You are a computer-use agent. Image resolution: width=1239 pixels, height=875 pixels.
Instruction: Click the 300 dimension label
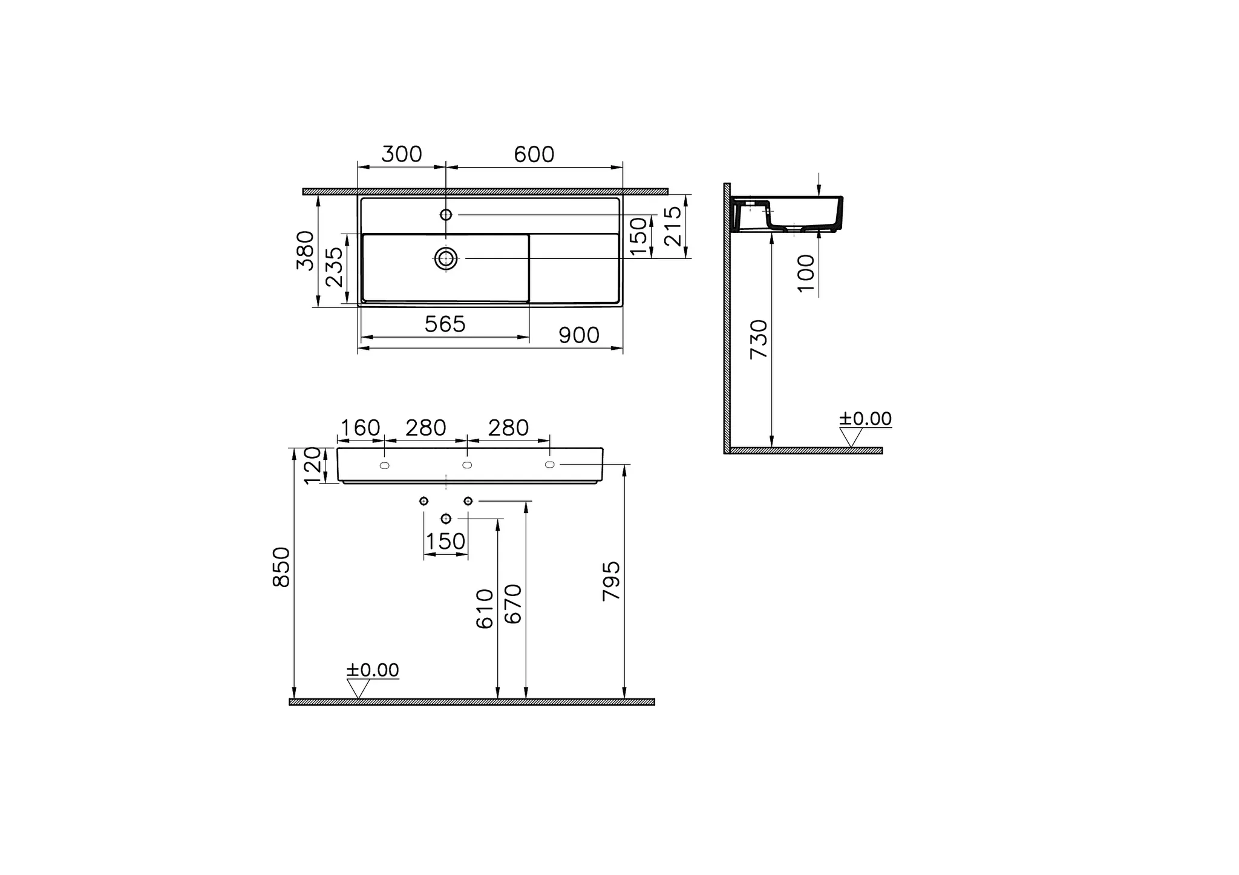click(x=402, y=154)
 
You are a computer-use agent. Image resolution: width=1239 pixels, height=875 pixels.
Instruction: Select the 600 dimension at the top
click(x=534, y=154)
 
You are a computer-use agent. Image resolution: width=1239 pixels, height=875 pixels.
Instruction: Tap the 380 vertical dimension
click(x=306, y=250)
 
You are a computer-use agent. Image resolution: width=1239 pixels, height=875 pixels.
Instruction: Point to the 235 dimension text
click(x=334, y=267)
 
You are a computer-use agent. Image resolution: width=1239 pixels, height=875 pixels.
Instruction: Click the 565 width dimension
click(x=445, y=324)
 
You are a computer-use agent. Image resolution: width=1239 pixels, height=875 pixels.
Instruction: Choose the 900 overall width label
click(x=579, y=335)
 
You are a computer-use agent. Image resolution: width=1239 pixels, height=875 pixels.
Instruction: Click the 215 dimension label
click(x=673, y=226)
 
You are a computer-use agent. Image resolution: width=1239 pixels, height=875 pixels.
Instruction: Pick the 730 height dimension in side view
click(x=759, y=339)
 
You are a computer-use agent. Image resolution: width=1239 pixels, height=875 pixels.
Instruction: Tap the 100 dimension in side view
click(x=806, y=273)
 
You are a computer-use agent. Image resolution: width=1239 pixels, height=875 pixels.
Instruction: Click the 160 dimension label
click(x=361, y=428)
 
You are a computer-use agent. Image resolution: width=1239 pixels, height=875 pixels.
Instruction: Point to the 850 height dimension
click(x=282, y=567)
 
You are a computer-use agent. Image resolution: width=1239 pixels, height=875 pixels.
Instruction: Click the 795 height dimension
click(x=612, y=580)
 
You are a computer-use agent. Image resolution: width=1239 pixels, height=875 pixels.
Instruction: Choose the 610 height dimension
click(x=485, y=609)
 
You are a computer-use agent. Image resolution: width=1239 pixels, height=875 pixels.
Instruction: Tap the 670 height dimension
click(x=513, y=604)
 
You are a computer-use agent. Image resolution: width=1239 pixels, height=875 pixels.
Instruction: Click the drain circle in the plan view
click(x=446, y=259)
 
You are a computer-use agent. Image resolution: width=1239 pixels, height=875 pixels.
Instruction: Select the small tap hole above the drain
click(x=446, y=215)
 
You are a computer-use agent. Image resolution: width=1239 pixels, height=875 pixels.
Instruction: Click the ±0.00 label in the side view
click(x=865, y=419)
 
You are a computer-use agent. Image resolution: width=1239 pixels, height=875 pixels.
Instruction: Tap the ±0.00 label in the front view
click(x=373, y=670)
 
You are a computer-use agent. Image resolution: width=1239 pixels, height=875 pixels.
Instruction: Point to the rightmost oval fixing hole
click(x=549, y=464)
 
